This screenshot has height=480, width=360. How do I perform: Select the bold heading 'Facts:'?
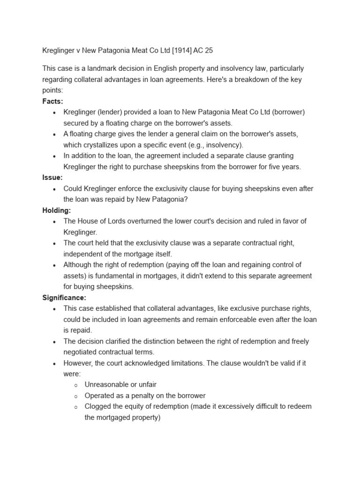pos(52,101)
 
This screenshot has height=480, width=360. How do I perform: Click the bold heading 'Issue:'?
pos(52,178)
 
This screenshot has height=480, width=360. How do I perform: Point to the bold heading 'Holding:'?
pos(57,210)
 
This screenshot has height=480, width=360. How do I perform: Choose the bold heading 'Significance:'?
pos(64,298)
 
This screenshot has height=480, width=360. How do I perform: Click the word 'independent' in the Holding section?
pos(83,254)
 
